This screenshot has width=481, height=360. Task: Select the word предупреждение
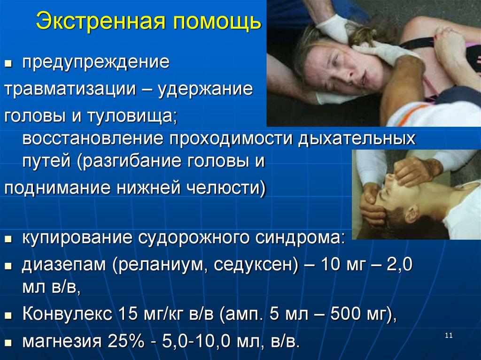click(x=96, y=63)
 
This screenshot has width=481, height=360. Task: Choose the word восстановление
click(x=92, y=139)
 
